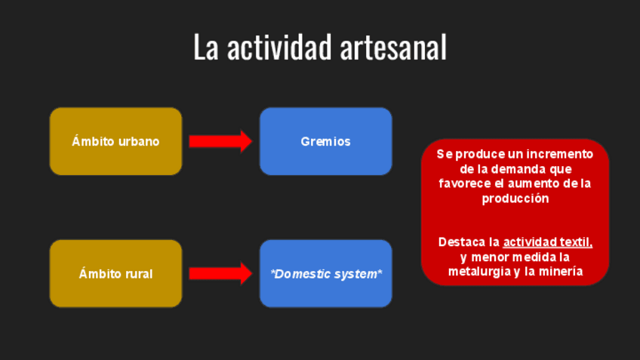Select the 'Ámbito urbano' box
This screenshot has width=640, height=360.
coord(115,141)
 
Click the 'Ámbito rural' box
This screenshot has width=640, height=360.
coord(115,273)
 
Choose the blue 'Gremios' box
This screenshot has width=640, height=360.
coord(325,141)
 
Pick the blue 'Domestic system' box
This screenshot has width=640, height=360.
coord(325,273)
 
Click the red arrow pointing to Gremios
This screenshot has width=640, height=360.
coord(220,141)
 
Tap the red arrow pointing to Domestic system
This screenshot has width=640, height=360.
coord(220,273)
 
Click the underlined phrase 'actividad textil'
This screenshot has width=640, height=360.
coord(547,242)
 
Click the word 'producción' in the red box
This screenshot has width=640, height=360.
coord(515,198)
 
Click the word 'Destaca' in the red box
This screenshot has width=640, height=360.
coord(460,242)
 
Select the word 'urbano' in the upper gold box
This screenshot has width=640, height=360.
coord(139,141)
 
